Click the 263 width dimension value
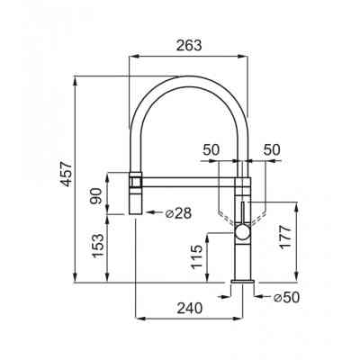pyautogui.click(x=189, y=46)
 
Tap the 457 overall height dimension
pyautogui.click(x=66, y=174)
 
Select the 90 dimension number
pyautogui.click(x=96, y=196)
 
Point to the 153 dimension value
pyautogui.click(x=98, y=246)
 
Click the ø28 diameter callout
pyautogui.click(x=178, y=213)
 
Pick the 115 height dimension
pyautogui.click(x=196, y=257)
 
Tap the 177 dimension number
pyautogui.click(x=285, y=238)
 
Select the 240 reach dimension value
pyautogui.click(x=189, y=308)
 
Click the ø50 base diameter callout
pyautogui.click(x=287, y=297)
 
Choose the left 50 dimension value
pyautogui.click(x=211, y=149)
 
